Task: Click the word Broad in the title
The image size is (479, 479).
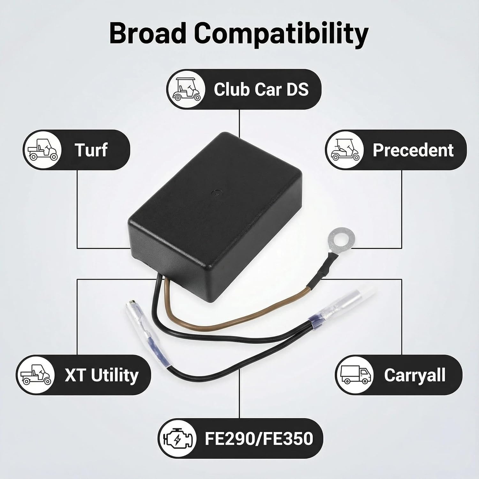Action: click(148, 33)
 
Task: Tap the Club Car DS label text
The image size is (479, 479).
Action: click(261, 89)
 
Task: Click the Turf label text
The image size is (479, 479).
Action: click(91, 150)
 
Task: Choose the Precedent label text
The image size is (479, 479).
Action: click(413, 150)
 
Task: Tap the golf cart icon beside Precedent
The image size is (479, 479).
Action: click(345, 150)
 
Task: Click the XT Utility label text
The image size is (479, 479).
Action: click(102, 375)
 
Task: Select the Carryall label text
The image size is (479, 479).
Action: click(414, 375)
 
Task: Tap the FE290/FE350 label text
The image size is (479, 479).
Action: click(259, 438)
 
